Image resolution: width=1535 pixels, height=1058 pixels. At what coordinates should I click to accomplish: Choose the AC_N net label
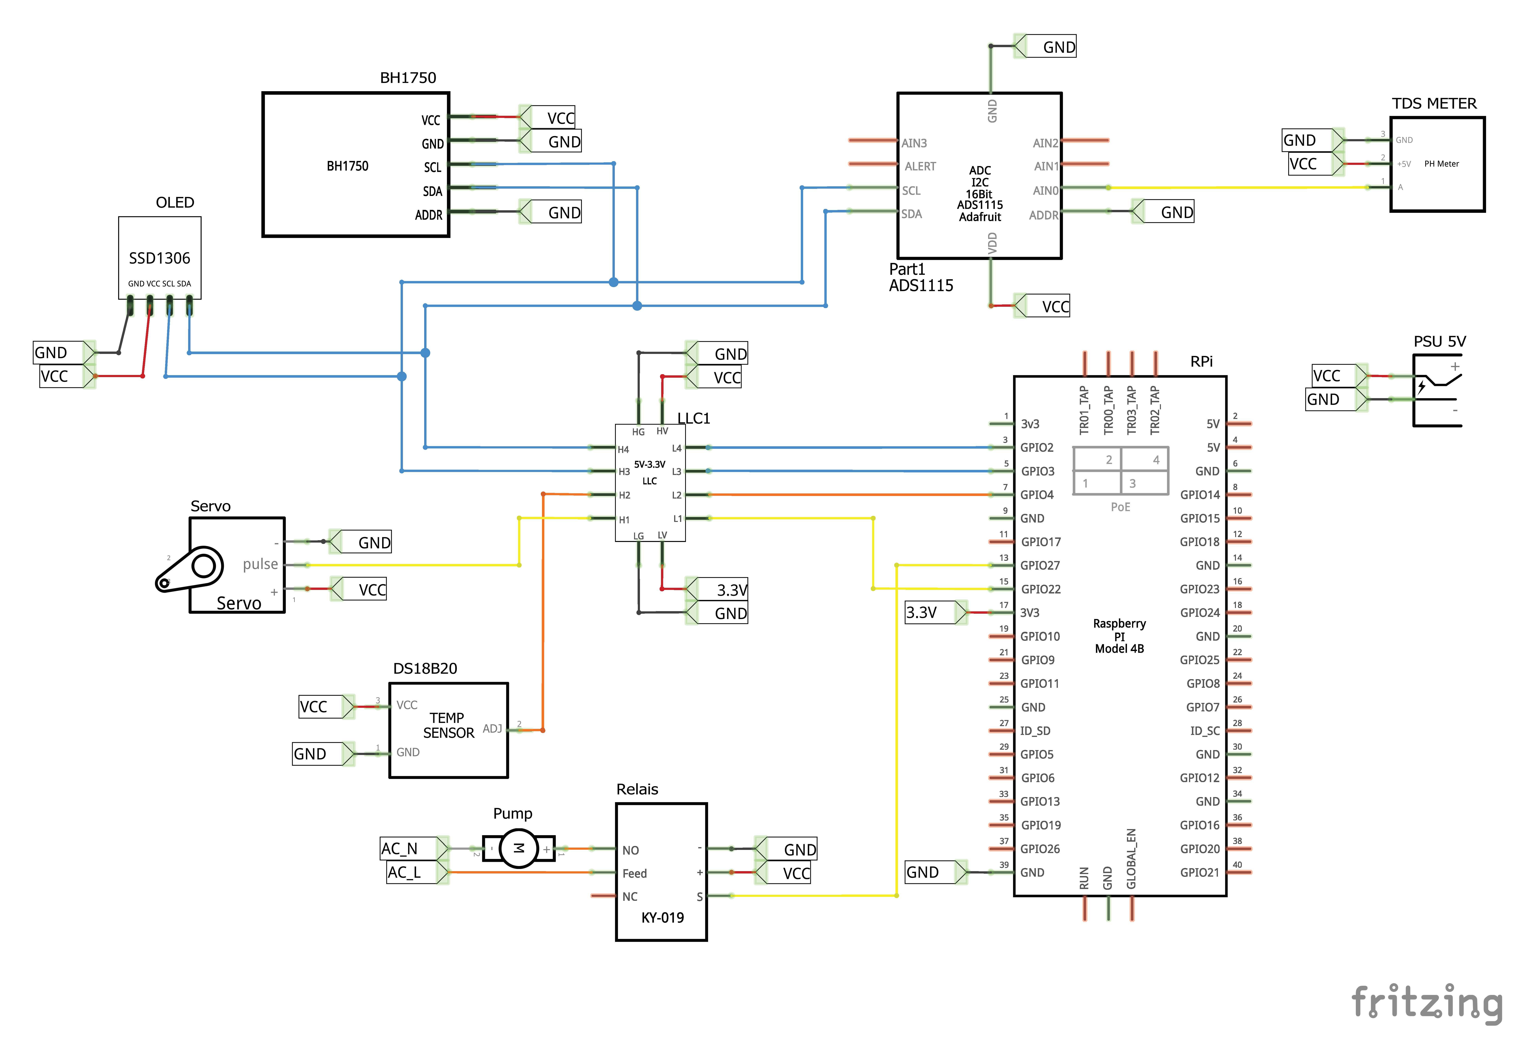[399, 849]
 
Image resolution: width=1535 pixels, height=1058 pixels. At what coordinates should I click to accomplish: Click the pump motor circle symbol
[519, 849]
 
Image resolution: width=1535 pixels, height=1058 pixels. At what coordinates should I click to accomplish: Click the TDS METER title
[1434, 103]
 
